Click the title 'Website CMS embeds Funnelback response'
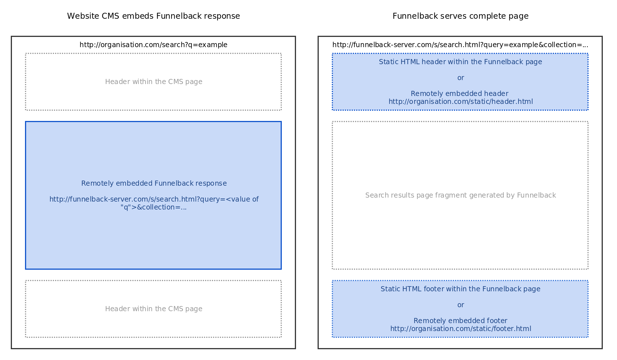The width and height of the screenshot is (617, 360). (x=153, y=16)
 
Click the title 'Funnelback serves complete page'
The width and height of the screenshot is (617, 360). (x=460, y=16)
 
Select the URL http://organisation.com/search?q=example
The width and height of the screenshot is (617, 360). (x=153, y=45)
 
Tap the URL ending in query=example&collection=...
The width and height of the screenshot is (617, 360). (x=460, y=45)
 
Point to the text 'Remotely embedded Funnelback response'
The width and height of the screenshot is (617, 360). (x=154, y=183)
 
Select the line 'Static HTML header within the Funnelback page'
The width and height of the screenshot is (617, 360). (x=460, y=62)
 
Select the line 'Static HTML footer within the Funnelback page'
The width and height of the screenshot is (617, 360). (x=460, y=289)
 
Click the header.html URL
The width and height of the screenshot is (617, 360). (x=460, y=102)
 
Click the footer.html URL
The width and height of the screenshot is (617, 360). (x=460, y=329)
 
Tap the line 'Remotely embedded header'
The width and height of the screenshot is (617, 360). (x=460, y=94)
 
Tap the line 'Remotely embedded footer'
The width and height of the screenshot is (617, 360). (x=460, y=321)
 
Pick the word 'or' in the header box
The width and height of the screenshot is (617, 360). (x=461, y=78)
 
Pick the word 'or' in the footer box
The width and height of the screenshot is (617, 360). (x=461, y=305)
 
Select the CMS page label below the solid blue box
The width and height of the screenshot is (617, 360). (x=154, y=309)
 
